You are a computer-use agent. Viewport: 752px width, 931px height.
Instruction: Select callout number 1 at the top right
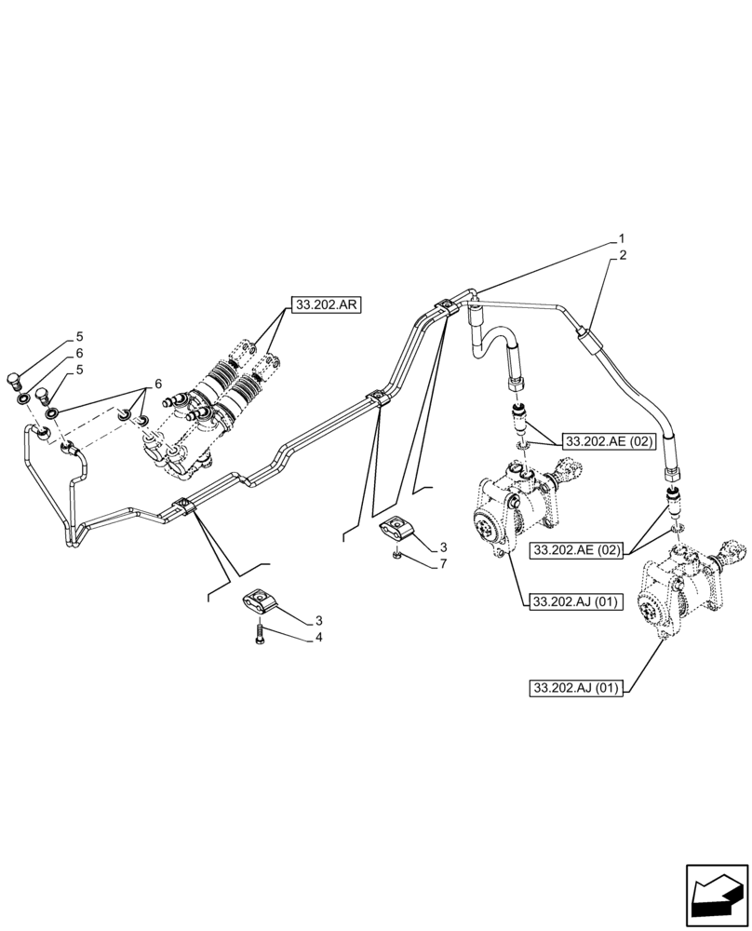click(x=622, y=238)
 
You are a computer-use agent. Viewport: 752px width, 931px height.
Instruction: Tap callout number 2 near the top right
click(x=622, y=254)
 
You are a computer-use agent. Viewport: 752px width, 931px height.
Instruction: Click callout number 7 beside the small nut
click(x=444, y=563)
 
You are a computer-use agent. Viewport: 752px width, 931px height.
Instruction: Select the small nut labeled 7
click(x=396, y=557)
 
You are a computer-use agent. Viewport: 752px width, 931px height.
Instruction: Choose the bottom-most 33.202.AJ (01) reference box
click(x=576, y=688)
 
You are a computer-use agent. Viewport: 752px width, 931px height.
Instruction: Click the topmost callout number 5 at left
click(x=80, y=336)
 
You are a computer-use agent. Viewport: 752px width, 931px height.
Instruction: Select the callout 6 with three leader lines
click(x=157, y=384)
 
